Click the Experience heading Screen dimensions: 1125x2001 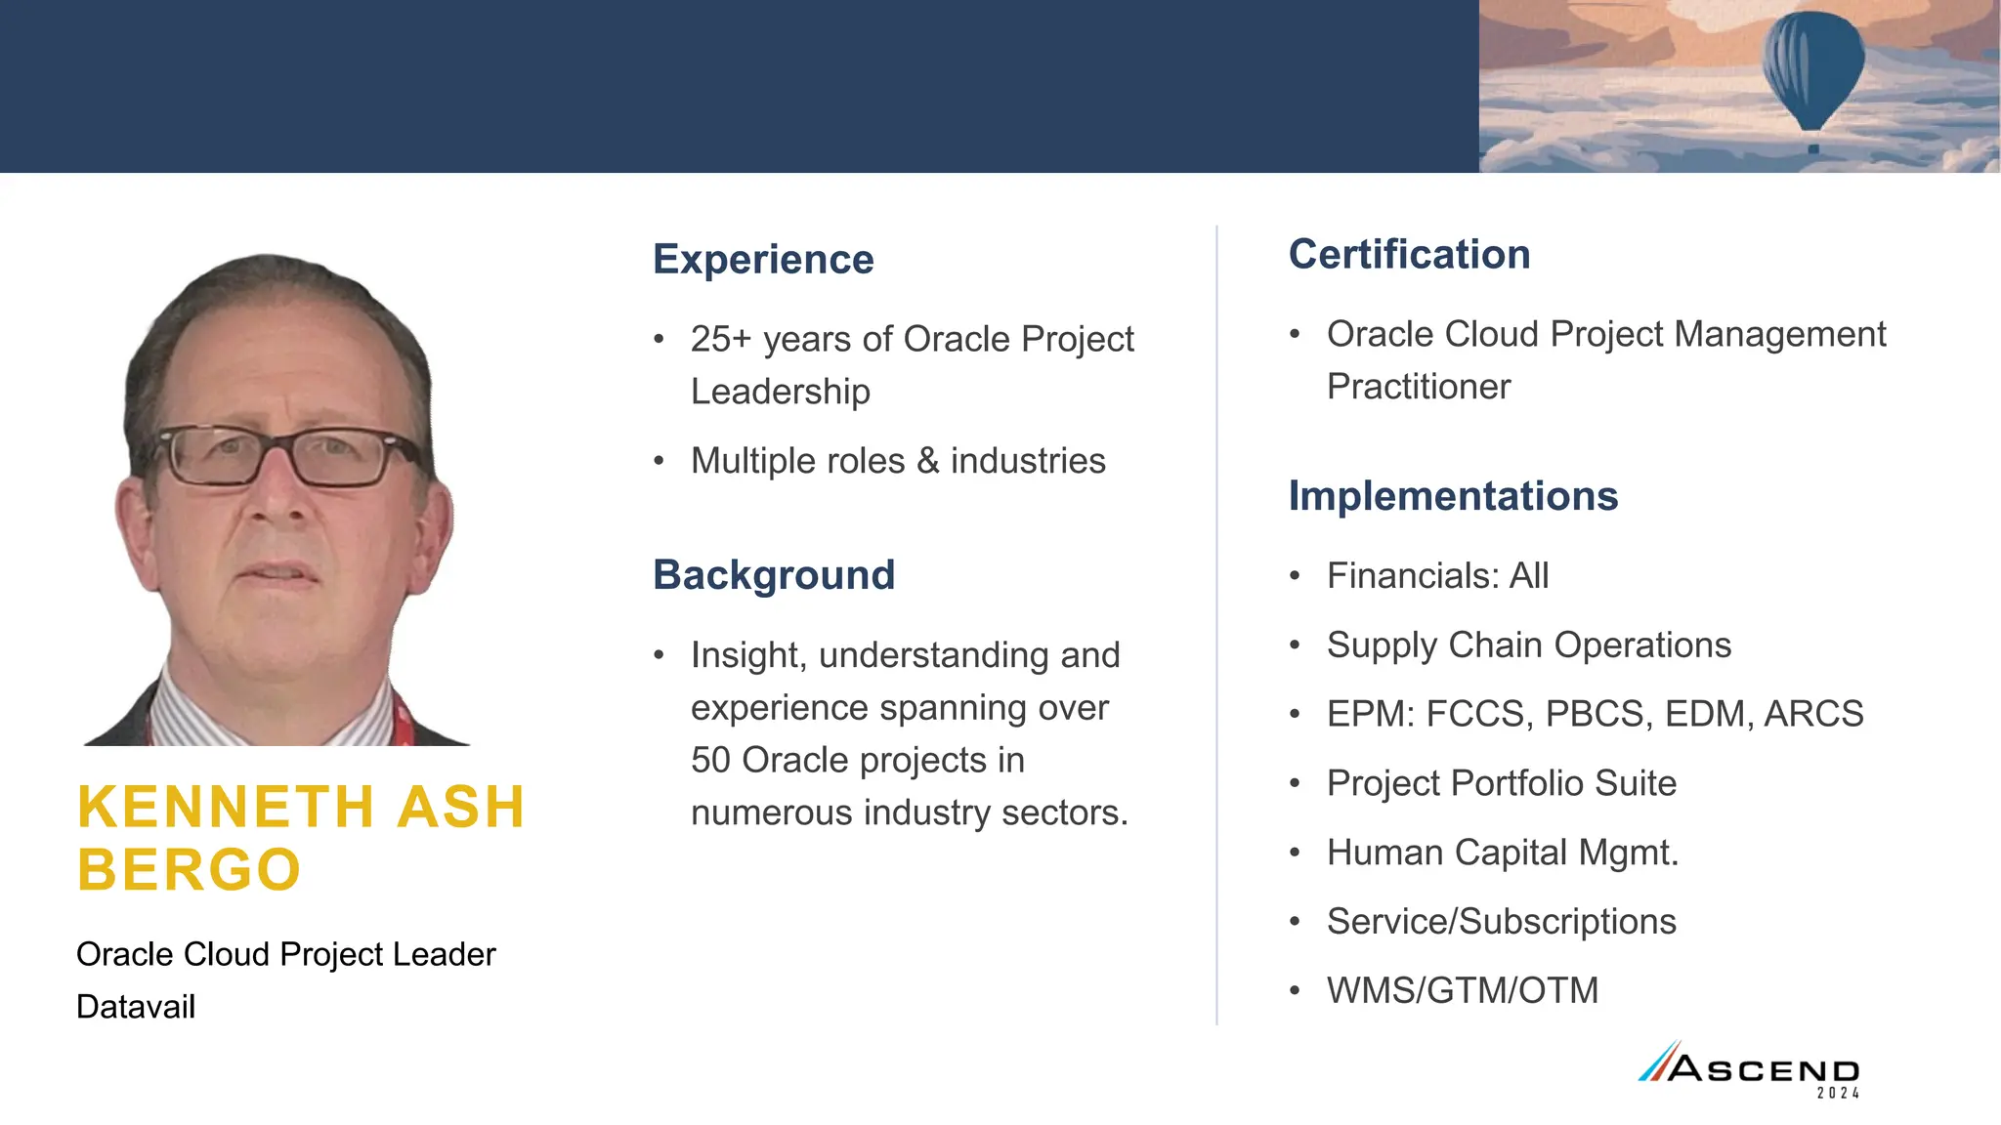(763, 260)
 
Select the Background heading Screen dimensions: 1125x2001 (773, 575)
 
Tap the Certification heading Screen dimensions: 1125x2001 (1409, 255)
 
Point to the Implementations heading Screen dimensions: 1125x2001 (1453, 496)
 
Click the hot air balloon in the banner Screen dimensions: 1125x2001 (1812, 68)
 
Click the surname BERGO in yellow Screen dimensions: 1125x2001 (190, 870)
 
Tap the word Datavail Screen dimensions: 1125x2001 (136, 1007)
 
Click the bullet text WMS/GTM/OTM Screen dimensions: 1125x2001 (1462, 991)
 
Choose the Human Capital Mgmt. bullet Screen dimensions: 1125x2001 (1502, 853)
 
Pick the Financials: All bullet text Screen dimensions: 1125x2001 (1437, 576)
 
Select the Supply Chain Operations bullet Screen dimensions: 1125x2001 (1528, 646)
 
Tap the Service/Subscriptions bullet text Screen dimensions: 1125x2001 (1501, 922)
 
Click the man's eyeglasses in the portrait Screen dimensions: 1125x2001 (283, 456)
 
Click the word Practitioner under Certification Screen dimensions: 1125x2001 (1418, 388)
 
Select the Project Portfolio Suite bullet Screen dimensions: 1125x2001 (1501, 784)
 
